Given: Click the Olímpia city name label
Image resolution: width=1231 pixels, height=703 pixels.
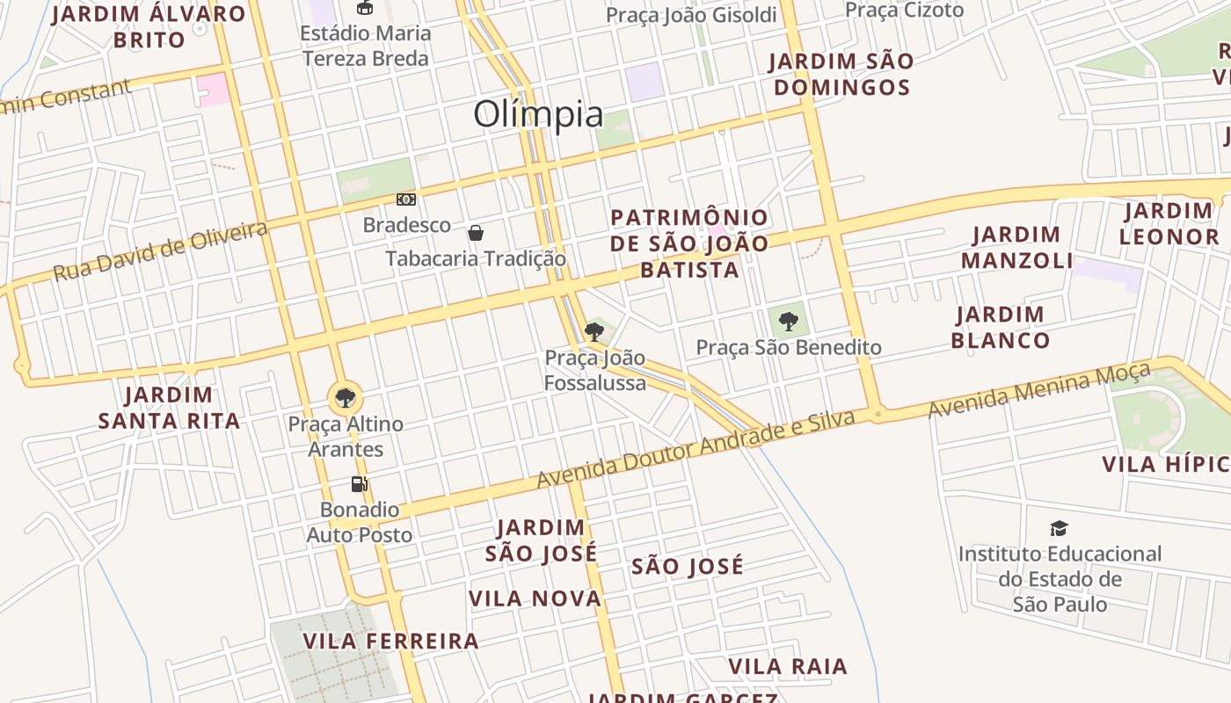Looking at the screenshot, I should (x=538, y=115).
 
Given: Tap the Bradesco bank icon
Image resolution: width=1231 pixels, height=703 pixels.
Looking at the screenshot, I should (x=405, y=199).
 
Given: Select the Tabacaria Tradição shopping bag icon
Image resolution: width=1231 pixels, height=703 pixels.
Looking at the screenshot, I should (x=476, y=233).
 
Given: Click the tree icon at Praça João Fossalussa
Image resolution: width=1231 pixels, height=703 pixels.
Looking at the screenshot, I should (x=594, y=331).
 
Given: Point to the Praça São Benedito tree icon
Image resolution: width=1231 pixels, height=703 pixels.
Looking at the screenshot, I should (x=789, y=321).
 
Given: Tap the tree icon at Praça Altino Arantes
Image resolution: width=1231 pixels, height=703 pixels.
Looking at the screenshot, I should (x=346, y=398).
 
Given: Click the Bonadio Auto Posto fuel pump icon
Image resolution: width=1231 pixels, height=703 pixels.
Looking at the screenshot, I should (x=359, y=483).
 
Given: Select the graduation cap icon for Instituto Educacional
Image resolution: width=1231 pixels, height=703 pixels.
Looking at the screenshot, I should (x=1060, y=528).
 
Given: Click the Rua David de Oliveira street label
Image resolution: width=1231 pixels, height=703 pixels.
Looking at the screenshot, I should (x=160, y=251).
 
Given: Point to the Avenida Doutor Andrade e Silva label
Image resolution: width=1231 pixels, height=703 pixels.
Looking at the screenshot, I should (x=696, y=449).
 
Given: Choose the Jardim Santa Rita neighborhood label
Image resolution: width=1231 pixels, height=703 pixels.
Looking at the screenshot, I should (x=169, y=408).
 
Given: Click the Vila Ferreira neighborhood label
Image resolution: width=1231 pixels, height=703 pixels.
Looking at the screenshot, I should (x=391, y=641).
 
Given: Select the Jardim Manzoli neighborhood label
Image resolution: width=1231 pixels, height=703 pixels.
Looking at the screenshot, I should (x=1016, y=248).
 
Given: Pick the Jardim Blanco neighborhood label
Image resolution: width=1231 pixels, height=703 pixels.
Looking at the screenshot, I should (x=1001, y=327).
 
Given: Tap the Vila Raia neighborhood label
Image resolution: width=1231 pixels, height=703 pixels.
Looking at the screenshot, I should (x=788, y=667).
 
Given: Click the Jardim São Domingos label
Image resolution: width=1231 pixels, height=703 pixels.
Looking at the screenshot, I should (x=841, y=75).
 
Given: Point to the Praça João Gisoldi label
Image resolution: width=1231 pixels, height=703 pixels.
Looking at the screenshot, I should (x=692, y=15).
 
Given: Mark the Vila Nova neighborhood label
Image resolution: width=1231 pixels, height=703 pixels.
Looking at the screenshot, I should (x=535, y=599).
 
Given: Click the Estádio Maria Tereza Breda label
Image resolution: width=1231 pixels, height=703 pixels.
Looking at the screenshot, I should (x=365, y=46).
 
